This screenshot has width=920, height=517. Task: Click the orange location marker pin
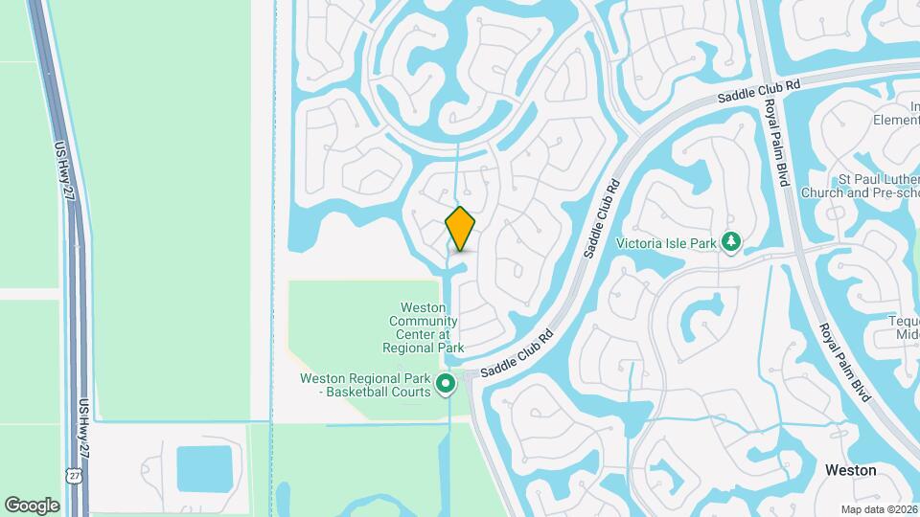[461, 228]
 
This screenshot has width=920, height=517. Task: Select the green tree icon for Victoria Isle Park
[731, 242]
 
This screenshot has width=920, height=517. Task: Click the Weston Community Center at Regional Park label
[424, 328]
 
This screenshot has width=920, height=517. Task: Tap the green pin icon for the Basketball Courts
[446, 385]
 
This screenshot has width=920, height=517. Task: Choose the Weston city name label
[850, 471]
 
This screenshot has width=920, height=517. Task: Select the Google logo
[32, 505]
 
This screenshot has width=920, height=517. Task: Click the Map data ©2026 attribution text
[878, 509]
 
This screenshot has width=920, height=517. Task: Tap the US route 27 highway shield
[74, 475]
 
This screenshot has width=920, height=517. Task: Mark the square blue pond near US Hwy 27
[204, 467]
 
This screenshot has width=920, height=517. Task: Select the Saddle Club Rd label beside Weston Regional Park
[517, 354]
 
